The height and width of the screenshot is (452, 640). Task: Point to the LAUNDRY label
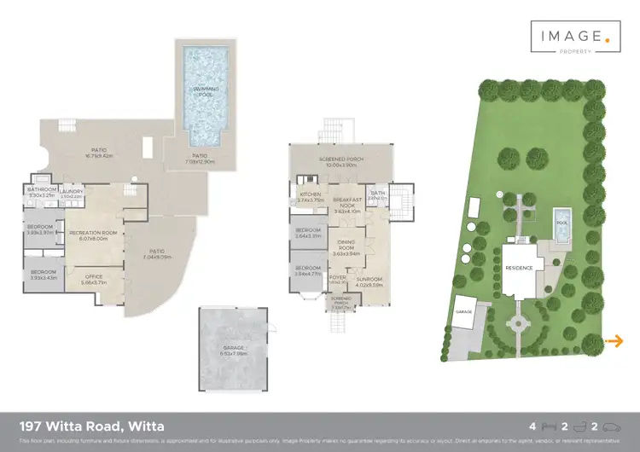[72, 192]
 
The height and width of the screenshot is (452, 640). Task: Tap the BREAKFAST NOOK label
[347, 201]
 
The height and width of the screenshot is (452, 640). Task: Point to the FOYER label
[337, 278]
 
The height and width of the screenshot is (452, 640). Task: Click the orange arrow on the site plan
[614, 342]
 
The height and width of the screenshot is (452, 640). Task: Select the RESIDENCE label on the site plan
[520, 268]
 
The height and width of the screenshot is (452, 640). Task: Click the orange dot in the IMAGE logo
[608, 38]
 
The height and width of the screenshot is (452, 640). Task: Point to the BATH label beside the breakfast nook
[377, 194]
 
